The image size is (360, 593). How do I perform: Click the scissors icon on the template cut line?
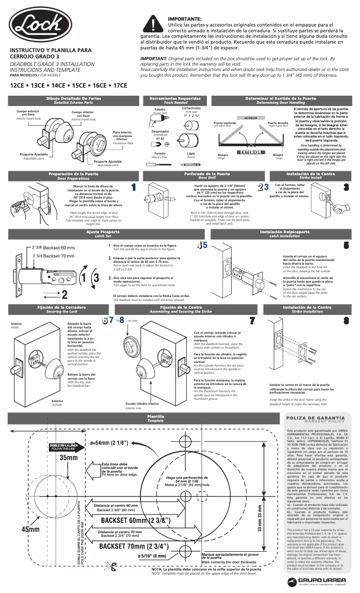(x=110, y=566)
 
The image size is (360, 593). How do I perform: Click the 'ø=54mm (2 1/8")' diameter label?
(x=109, y=443)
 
